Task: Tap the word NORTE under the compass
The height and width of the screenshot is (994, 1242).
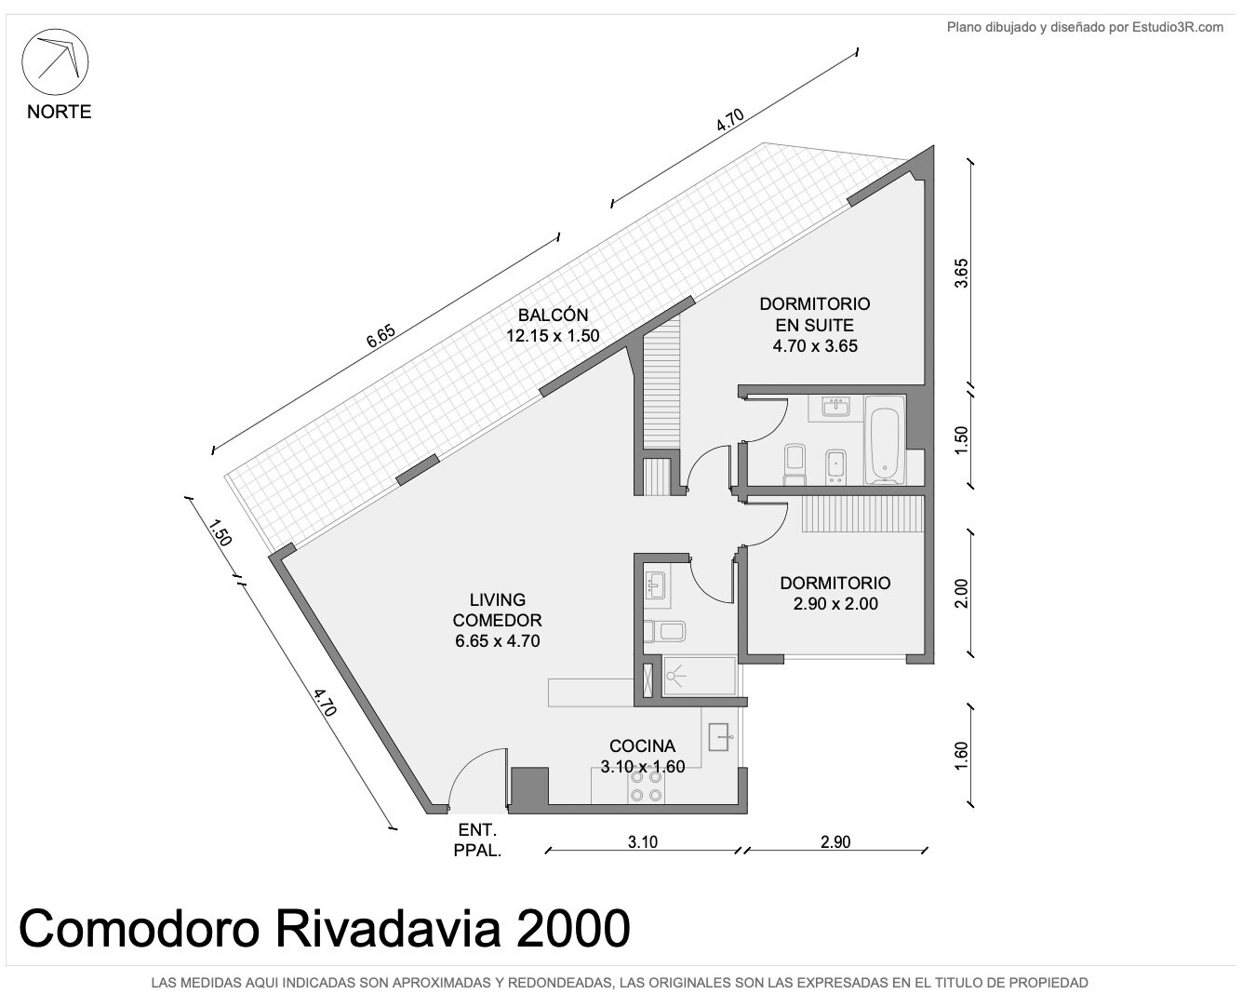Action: pyautogui.click(x=59, y=112)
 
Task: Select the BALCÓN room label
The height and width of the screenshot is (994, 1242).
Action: pyautogui.click(x=545, y=316)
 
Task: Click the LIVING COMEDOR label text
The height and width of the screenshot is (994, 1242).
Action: pyautogui.click(x=497, y=610)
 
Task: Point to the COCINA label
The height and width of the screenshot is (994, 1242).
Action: pyautogui.click(x=642, y=745)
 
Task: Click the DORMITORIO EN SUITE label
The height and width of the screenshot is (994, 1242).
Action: pyautogui.click(x=814, y=315)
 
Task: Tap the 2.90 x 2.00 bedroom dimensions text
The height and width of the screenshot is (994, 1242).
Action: pyautogui.click(x=835, y=603)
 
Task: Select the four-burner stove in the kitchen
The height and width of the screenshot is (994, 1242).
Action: pyautogui.click(x=646, y=786)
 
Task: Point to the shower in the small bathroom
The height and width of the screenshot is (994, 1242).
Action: pyautogui.click(x=700, y=675)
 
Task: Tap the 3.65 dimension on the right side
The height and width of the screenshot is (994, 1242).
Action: pyautogui.click(x=960, y=274)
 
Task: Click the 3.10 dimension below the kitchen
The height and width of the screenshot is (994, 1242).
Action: pyautogui.click(x=642, y=842)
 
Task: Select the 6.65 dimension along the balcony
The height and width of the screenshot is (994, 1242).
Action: pyautogui.click(x=381, y=336)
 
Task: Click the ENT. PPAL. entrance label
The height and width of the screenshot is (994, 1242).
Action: pyautogui.click(x=477, y=840)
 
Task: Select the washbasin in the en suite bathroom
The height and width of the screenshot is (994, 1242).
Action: pyautogui.click(x=835, y=408)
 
